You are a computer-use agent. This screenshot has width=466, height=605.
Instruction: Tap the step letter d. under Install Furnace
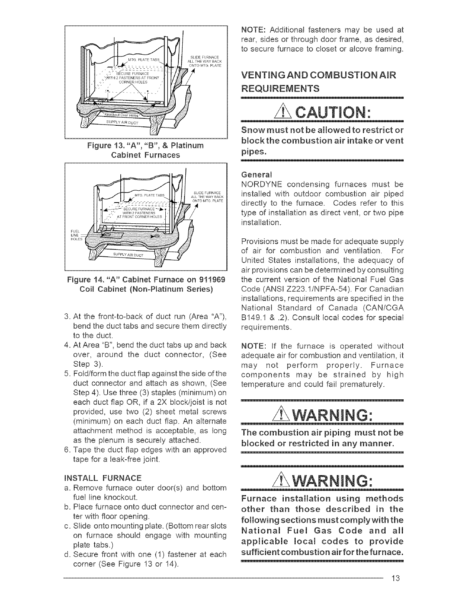click(x=67, y=554)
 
